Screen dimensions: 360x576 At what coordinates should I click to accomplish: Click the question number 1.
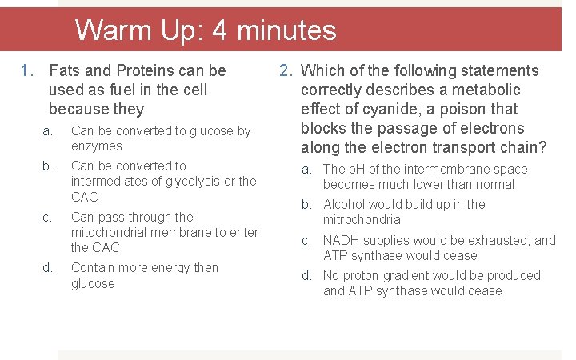pos(26,71)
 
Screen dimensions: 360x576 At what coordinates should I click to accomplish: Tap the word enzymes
pos(96,146)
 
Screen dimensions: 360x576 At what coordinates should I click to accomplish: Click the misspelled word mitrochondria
pos(362,220)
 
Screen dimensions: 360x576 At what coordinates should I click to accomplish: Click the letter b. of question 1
pos(47,166)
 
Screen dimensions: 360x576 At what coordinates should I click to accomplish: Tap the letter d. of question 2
pos(306,276)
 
